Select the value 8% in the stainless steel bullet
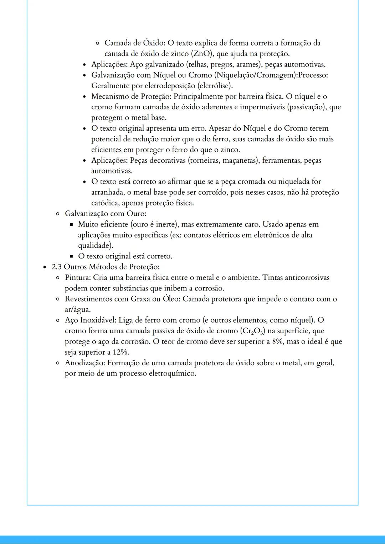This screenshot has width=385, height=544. click(278, 342)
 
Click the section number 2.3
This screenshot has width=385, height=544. click(57, 267)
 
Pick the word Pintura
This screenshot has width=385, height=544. click(77, 278)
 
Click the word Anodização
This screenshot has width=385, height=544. click(84, 363)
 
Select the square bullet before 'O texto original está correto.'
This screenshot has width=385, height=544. click(71, 256)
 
